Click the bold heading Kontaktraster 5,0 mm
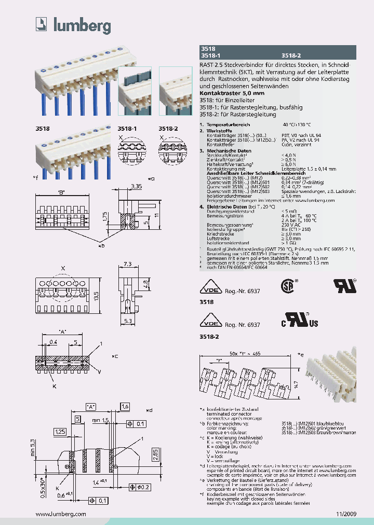[x=232, y=92]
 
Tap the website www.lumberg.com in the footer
[x=61, y=513]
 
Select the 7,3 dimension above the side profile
[x=129, y=264]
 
